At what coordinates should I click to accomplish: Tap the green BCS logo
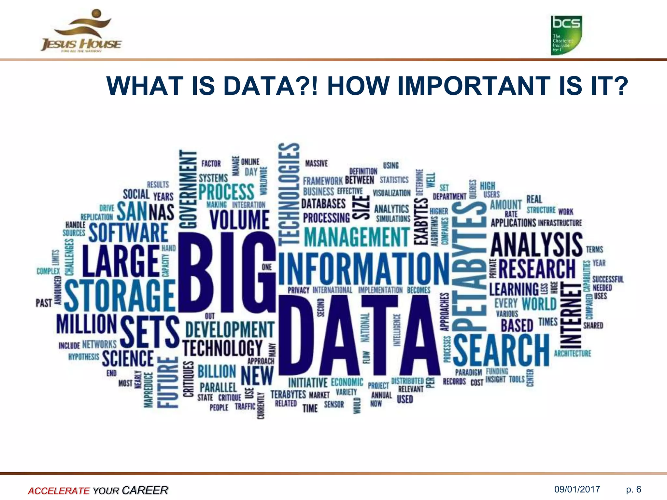click(x=566, y=35)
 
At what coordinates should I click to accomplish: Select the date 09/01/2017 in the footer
click(x=577, y=489)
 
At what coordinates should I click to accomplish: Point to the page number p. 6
click(x=633, y=489)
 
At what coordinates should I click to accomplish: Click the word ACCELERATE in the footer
click(x=58, y=491)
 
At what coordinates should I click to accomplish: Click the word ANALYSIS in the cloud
click(x=536, y=244)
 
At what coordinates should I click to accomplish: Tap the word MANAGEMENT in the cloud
click(x=357, y=237)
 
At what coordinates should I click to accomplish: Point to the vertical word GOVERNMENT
click(x=189, y=189)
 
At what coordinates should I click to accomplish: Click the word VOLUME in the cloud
click(x=239, y=220)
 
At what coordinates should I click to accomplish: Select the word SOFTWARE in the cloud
click(x=128, y=232)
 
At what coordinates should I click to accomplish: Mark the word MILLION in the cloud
click(x=86, y=324)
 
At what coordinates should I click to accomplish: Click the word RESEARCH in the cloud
click(x=537, y=269)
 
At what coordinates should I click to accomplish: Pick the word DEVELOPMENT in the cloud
click(x=230, y=329)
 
